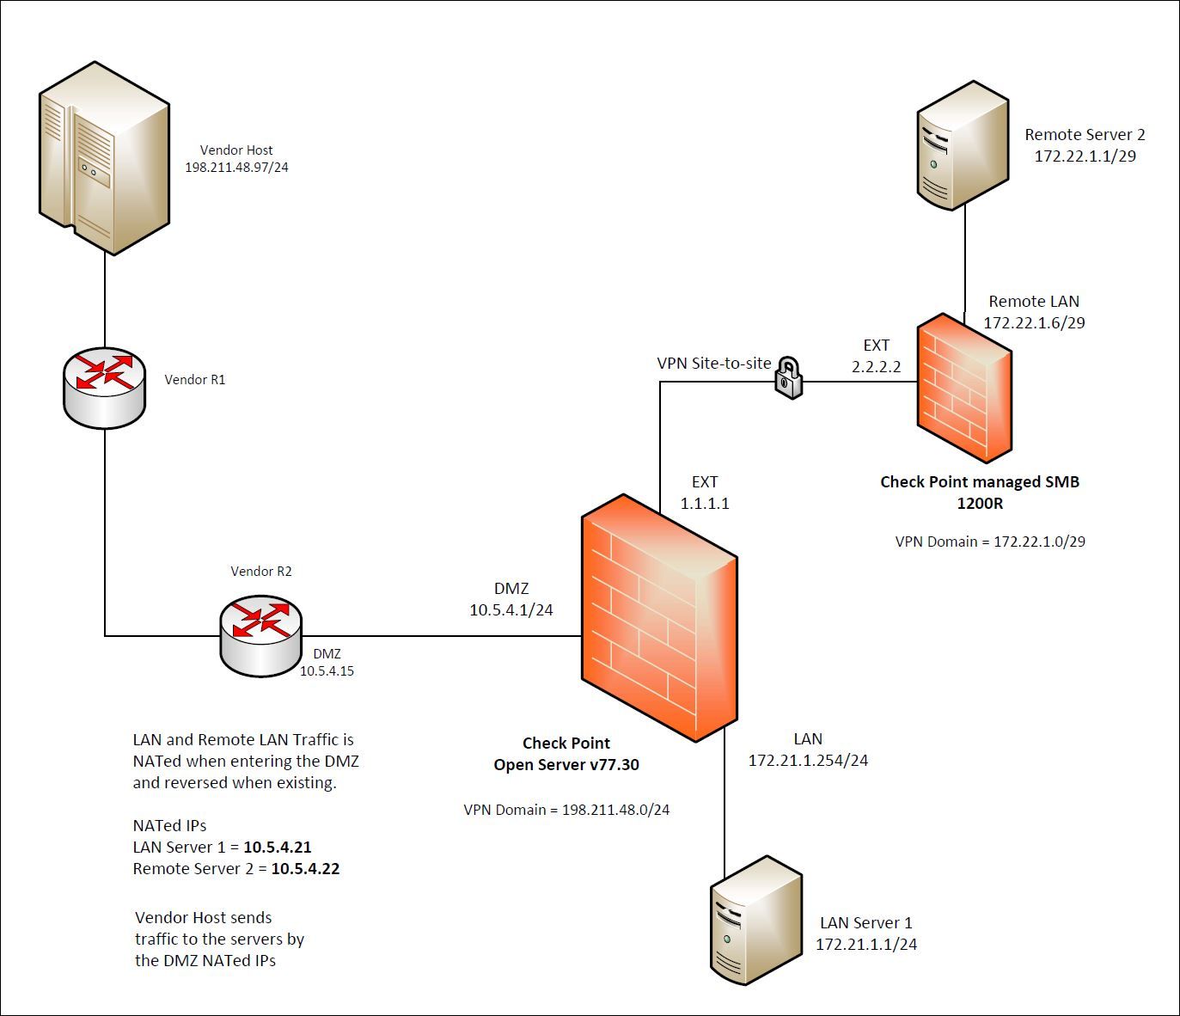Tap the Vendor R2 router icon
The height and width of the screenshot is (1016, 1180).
click(260, 635)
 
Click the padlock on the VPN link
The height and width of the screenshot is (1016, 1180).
click(788, 378)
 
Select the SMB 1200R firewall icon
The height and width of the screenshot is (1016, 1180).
click(963, 388)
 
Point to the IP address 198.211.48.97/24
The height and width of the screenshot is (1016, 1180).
click(236, 168)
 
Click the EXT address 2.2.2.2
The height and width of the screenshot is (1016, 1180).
click(876, 367)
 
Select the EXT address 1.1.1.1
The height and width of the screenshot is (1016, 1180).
click(705, 504)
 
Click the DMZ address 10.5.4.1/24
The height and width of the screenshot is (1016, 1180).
click(511, 610)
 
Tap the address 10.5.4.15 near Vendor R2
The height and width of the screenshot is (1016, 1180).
click(327, 671)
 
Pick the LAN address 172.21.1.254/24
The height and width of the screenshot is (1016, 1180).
click(808, 761)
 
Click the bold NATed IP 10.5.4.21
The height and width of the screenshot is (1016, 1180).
click(277, 848)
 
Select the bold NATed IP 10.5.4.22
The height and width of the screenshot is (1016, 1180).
click(305, 869)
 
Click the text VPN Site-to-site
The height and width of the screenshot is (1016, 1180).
click(714, 364)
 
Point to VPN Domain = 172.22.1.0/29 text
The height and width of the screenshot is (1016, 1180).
click(990, 542)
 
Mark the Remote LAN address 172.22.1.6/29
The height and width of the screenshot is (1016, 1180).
click(1034, 323)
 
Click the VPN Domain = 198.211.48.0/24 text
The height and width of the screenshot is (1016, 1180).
click(566, 810)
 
